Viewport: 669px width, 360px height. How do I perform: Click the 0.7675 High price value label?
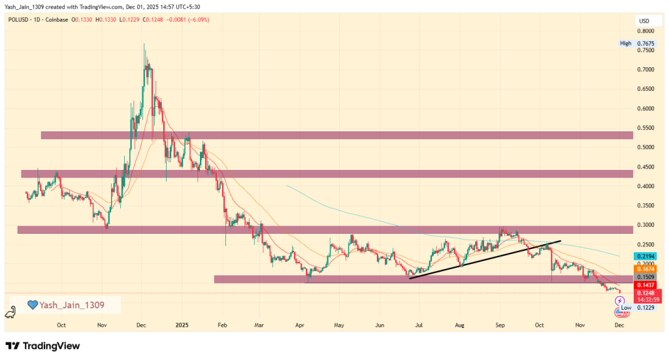pos(645,43)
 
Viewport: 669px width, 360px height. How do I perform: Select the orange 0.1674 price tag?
pos(645,269)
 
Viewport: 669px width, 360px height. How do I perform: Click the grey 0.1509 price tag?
pos(645,277)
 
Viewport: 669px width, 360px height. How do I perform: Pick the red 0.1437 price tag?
pos(645,286)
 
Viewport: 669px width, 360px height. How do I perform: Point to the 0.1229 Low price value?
pos(645,307)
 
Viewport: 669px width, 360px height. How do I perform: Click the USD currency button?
pos(644,22)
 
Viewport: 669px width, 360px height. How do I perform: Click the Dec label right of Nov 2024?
pos(142,324)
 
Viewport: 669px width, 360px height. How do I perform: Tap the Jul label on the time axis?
pos(419,324)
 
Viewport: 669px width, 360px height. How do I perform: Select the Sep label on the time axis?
pos(500,324)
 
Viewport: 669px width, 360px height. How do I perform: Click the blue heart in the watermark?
pos(32,304)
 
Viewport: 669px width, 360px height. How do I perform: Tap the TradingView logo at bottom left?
pos(42,346)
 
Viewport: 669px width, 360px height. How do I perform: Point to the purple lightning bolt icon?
pos(619,300)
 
